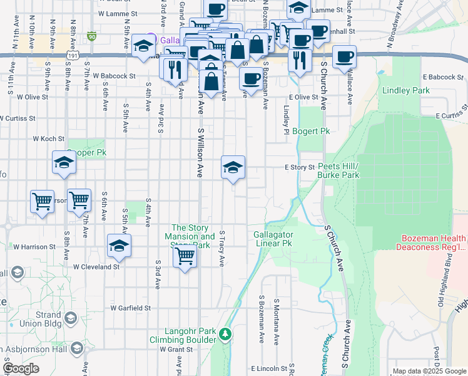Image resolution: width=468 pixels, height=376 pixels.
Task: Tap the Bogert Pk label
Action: click(x=310, y=131)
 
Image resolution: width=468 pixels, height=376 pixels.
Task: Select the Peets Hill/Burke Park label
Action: click(x=338, y=170)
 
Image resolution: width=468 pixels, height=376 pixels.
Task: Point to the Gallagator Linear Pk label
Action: click(x=273, y=238)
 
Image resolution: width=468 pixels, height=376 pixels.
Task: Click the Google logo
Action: click(x=21, y=368)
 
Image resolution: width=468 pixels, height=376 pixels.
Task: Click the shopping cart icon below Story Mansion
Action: click(x=185, y=255)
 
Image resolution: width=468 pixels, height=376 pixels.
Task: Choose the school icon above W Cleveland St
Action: click(x=118, y=246)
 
